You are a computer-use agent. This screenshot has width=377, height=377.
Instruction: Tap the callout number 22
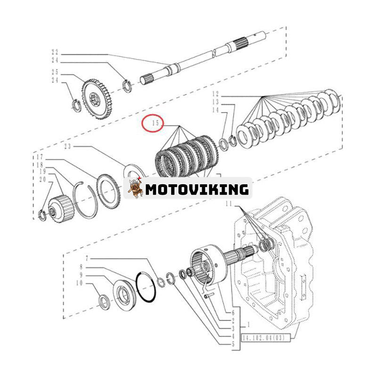(x=55, y=52)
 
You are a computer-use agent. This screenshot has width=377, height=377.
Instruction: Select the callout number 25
(x=55, y=72)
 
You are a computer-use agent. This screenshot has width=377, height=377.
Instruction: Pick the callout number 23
(x=67, y=147)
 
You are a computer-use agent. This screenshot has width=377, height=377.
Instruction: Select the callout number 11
(x=229, y=203)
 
